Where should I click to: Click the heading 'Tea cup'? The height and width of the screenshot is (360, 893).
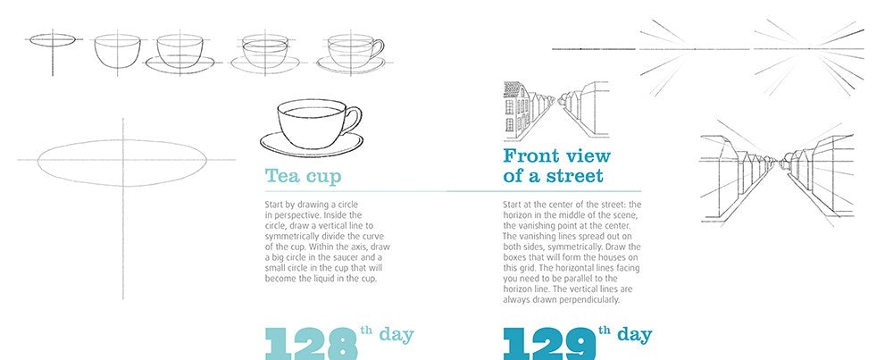[303, 176]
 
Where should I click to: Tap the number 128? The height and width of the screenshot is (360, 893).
[311, 344]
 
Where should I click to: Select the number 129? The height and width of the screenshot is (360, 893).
[549, 344]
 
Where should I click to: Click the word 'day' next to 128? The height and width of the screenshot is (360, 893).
[396, 335]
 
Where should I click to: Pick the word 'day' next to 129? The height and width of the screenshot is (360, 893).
[634, 334]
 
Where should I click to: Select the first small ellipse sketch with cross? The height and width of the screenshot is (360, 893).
[53, 40]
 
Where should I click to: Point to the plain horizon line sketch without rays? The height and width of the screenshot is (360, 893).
[594, 49]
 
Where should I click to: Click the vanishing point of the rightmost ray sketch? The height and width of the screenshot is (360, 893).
[809, 49]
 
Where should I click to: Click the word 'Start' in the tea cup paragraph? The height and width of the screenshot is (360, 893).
[274, 204]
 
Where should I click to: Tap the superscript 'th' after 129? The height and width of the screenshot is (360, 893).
[605, 330]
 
